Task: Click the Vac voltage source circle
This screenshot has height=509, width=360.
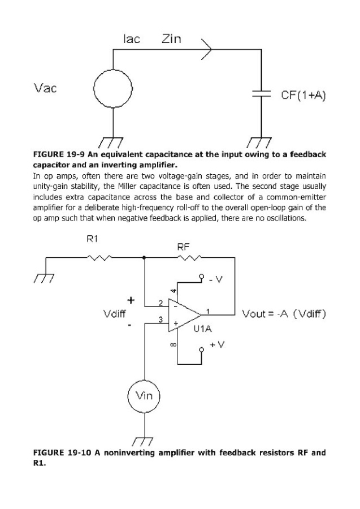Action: (113, 88)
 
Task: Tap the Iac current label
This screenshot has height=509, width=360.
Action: (131, 39)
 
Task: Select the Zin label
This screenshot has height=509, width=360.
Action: (171, 39)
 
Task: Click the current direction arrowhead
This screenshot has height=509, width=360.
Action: (207, 49)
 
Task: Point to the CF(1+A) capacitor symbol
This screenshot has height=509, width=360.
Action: (262, 93)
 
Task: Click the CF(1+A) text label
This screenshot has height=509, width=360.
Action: (303, 96)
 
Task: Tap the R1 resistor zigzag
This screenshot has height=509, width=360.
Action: (99, 257)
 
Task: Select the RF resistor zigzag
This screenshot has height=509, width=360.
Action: (190, 257)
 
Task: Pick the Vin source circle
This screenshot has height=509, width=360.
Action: (144, 396)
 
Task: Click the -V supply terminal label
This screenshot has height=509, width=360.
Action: (216, 279)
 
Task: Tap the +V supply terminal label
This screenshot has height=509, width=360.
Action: (216, 344)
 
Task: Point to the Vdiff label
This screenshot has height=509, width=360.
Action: (115, 314)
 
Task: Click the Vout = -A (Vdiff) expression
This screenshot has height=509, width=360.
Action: (284, 314)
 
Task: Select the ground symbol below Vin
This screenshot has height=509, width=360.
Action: (143, 442)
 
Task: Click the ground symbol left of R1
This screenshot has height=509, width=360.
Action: (44, 278)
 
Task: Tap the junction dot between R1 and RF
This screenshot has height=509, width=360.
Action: (144, 257)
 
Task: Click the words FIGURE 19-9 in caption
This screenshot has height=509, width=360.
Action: (59, 154)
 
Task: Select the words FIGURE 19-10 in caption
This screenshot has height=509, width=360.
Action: (62, 452)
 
